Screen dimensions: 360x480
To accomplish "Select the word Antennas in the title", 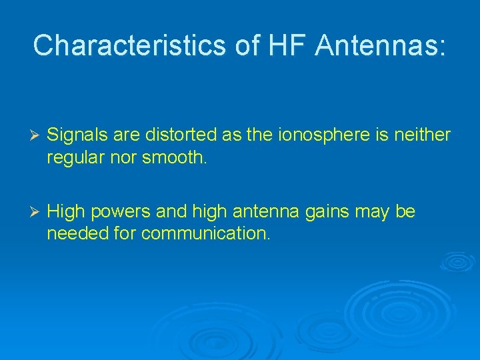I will coord(380,45).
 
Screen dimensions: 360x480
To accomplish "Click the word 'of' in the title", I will coord(248,45).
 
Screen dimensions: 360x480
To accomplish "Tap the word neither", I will coord(422,135).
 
